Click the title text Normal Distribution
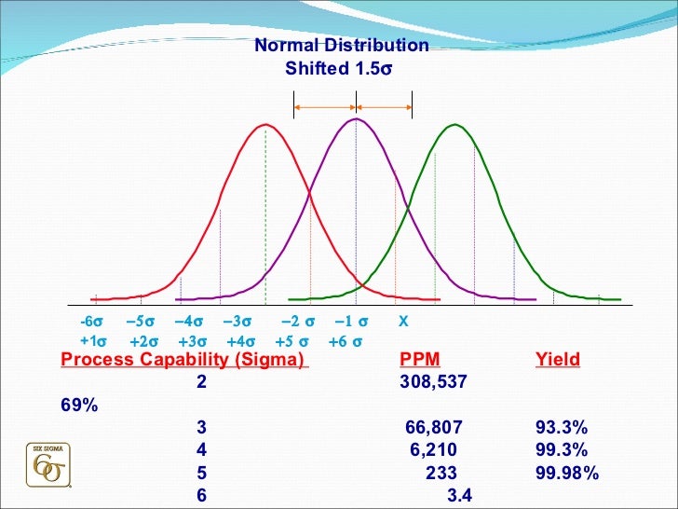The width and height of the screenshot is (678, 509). tap(342, 46)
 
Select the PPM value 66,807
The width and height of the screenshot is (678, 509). tap(434, 428)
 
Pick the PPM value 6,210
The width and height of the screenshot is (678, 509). tap(433, 450)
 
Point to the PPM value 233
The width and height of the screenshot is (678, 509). tap(441, 473)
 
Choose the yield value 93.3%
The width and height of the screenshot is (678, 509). tap(561, 428)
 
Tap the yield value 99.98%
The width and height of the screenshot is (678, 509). tap(566, 473)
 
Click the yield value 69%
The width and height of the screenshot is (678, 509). tap(75, 406)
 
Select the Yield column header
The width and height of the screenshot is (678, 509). tap(557, 360)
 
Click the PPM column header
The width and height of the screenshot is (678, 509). tap(420, 360)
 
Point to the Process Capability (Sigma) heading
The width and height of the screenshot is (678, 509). tap(183, 360)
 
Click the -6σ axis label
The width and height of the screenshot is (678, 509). tap(91, 322)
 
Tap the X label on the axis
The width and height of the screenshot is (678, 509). tap(403, 322)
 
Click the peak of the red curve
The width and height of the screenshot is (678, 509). tap(265, 125)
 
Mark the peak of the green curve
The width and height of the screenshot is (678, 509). tap(454, 125)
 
